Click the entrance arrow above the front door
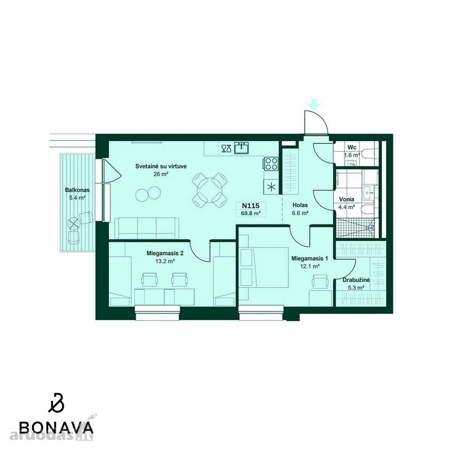315,104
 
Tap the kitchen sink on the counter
242,148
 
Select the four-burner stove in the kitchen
271,164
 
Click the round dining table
210,190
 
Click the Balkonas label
77,190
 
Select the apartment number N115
251,206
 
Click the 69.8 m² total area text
251,213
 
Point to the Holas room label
300,205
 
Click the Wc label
352,147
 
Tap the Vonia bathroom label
347,199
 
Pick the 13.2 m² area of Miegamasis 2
165,261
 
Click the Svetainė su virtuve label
161,167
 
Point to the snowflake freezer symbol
271,187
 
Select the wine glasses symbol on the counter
226,148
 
